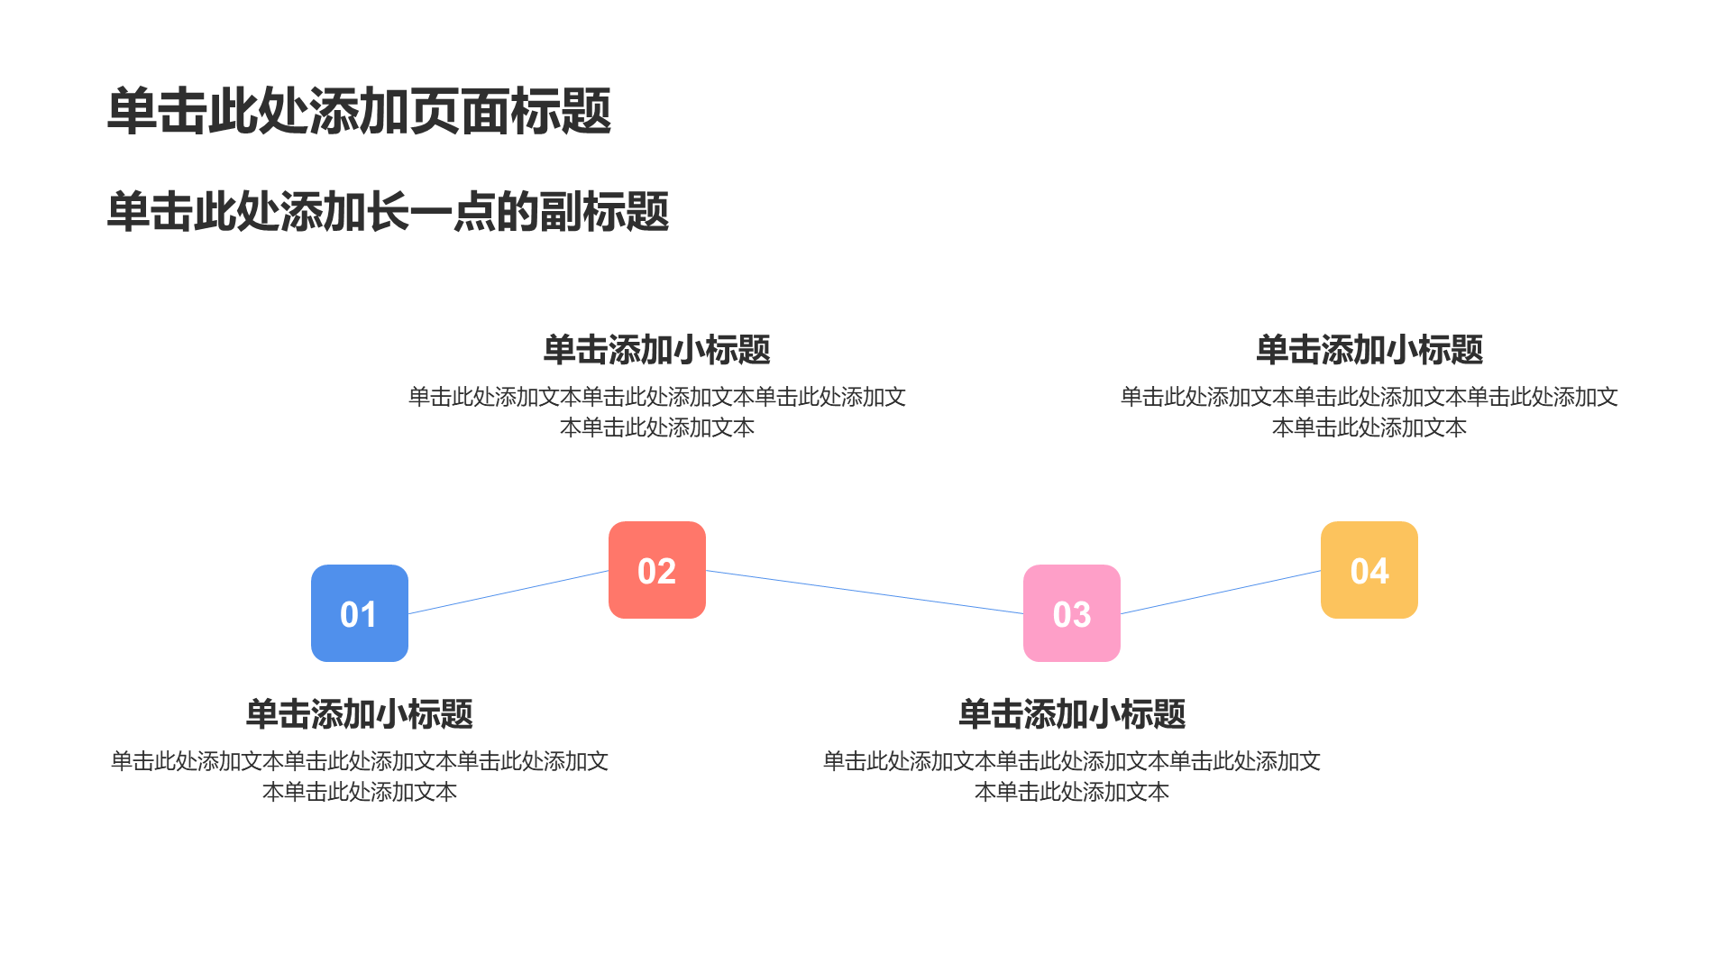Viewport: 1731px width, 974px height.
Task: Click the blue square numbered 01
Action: click(x=360, y=613)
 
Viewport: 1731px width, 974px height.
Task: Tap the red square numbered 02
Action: click(x=657, y=570)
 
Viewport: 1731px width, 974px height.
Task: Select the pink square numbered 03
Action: click(x=1072, y=613)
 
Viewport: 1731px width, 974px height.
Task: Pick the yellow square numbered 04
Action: click(x=1369, y=570)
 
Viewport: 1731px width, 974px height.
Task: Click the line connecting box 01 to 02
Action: click(x=508, y=592)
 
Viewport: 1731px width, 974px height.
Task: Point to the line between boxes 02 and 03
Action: click(x=865, y=592)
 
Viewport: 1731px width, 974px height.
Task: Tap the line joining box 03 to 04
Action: click(x=1221, y=592)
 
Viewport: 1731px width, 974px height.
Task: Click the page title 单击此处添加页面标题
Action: click(x=360, y=112)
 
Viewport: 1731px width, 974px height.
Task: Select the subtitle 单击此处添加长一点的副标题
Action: click(x=388, y=212)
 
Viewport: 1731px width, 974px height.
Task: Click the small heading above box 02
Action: click(x=657, y=350)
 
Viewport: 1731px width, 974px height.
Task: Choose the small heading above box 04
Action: click(x=1369, y=350)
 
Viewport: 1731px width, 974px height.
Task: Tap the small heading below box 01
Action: click(x=360, y=714)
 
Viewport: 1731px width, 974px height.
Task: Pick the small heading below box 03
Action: click(x=1072, y=714)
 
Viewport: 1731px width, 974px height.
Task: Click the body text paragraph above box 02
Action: click(x=657, y=412)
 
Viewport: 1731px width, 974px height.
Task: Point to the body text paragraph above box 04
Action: click(x=1369, y=412)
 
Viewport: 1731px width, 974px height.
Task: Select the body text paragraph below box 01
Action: click(x=360, y=776)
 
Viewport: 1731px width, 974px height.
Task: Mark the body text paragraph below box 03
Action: click(x=1072, y=776)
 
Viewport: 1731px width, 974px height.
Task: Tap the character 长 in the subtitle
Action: click(x=388, y=212)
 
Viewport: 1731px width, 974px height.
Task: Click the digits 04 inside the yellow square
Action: click(x=1369, y=571)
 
